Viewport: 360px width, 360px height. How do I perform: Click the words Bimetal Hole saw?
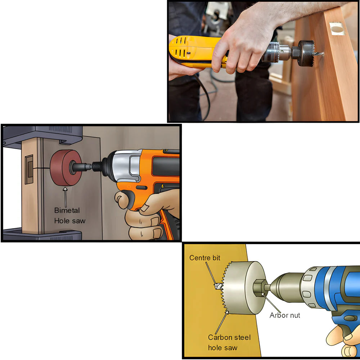tap(69, 215)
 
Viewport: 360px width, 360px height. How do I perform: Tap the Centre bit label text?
tap(204, 258)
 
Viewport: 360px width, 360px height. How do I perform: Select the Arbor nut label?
tap(284, 315)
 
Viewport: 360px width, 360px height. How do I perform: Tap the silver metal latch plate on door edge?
tap(337, 29)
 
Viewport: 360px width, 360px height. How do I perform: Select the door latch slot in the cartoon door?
tap(29, 167)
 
